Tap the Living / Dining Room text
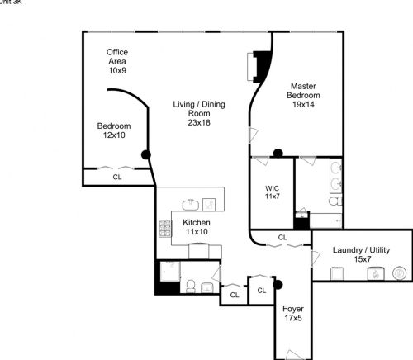point(197,104)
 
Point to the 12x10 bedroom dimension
point(113,135)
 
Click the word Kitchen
point(196,223)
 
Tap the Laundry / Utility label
point(360,250)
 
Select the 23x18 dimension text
point(198,123)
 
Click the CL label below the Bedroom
point(117,177)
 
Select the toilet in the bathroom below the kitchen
point(189,287)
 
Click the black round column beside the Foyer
point(278,286)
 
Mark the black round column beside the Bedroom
point(147,154)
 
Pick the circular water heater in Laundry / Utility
point(399,272)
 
